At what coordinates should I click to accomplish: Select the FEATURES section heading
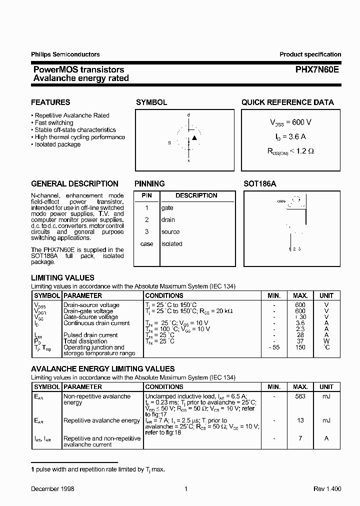click(50, 102)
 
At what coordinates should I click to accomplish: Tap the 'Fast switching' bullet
click(53, 122)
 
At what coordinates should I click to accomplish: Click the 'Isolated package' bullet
click(57, 144)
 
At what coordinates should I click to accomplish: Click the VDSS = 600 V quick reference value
click(290, 122)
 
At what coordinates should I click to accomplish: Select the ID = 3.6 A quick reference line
click(290, 136)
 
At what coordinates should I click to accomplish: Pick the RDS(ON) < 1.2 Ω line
click(290, 150)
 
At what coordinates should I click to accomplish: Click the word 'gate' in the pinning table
click(167, 207)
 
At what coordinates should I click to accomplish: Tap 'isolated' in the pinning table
click(171, 244)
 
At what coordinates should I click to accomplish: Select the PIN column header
click(146, 195)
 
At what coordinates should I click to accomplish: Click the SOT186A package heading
click(259, 183)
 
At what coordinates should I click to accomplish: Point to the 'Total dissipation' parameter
click(83, 341)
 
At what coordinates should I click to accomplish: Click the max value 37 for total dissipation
click(300, 341)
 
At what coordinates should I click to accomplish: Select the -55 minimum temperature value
click(273, 347)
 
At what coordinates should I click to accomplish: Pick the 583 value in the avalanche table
click(300, 396)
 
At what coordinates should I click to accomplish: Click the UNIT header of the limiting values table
click(326, 295)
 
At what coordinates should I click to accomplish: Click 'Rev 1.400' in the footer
click(327, 489)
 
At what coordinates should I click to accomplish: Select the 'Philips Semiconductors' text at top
click(65, 54)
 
